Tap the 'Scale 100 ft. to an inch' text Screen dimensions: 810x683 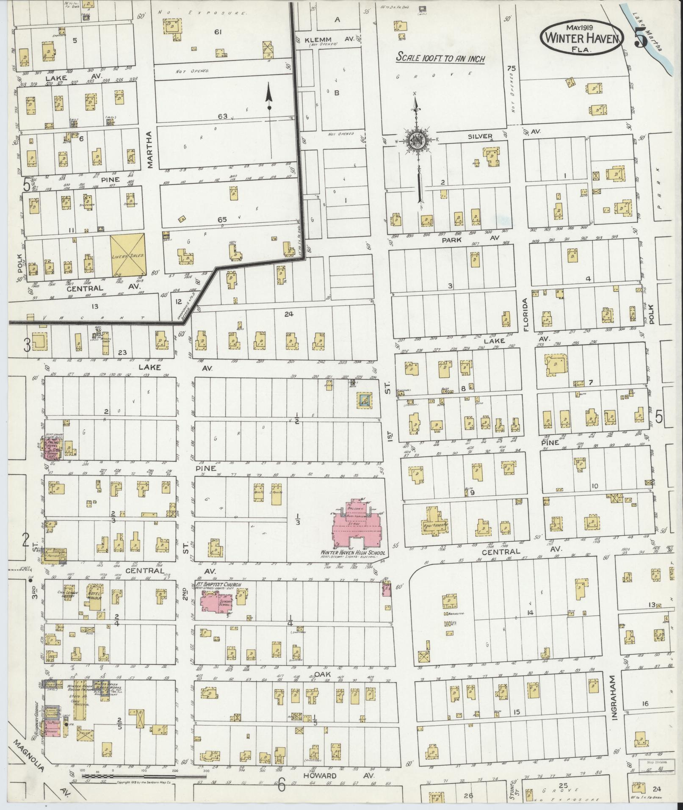440,58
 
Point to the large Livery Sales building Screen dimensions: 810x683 128,256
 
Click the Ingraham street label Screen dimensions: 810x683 615,694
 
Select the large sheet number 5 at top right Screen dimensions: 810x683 642,39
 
